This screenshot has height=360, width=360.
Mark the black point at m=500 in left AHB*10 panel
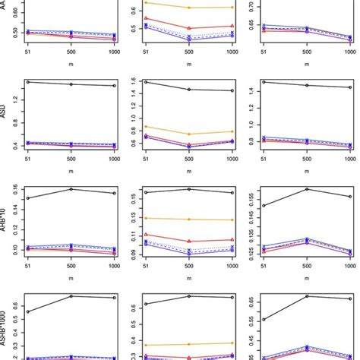71,189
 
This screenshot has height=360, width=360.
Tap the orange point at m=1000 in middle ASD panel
232,131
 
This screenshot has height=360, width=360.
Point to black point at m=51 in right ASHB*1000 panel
264,320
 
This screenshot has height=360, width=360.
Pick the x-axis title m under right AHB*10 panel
307,279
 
